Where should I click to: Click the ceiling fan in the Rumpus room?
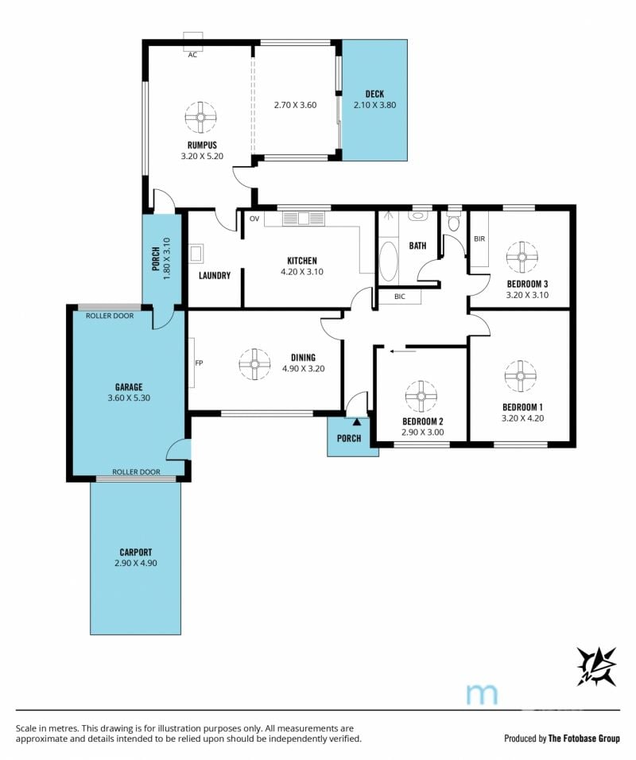click(x=200, y=118)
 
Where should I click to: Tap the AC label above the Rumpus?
click(x=192, y=55)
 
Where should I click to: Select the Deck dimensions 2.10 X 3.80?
click(x=374, y=105)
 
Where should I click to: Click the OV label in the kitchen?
click(x=254, y=219)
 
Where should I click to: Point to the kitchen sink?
click(x=304, y=219)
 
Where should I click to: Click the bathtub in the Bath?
click(x=388, y=262)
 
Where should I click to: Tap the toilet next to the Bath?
click(x=454, y=221)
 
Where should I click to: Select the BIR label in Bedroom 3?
click(x=479, y=238)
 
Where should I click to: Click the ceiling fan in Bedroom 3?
click(x=522, y=257)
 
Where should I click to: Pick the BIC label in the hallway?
click(x=399, y=297)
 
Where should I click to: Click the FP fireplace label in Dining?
click(x=199, y=363)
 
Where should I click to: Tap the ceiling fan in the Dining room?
click(x=254, y=364)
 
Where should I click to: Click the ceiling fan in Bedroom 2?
click(x=421, y=396)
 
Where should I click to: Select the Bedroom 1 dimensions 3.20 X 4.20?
click(x=522, y=418)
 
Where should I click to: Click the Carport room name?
click(x=136, y=552)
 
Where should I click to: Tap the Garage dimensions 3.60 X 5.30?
click(x=129, y=397)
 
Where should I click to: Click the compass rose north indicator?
click(x=596, y=666)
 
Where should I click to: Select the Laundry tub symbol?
click(x=196, y=254)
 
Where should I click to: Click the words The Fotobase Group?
click(x=584, y=739)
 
